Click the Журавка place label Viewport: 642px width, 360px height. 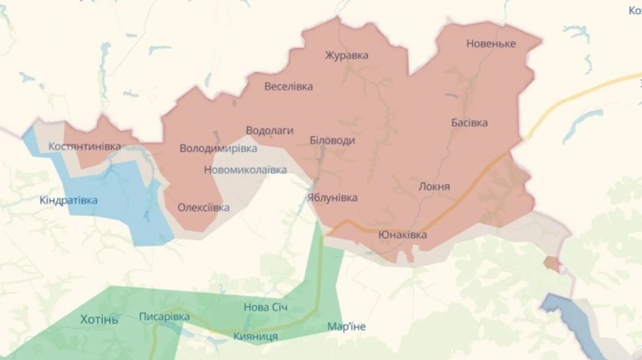[347, 55]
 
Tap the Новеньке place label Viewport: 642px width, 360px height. [491, 43]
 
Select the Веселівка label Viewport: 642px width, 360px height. [288, 86]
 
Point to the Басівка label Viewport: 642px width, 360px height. [469, 123]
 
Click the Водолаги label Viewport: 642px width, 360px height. [270, 130]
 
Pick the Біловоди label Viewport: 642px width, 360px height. [332, 140]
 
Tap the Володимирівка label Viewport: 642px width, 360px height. [218, 149]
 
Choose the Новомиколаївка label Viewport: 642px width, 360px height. [245, 170]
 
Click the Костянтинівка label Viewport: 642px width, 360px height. [84, 146]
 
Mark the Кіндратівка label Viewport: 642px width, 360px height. [68, 200]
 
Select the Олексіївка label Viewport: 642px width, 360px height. [203, 207]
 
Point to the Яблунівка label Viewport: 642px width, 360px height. [332, 197]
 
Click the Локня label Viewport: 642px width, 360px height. [434, 186]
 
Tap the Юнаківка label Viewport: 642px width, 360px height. [403, 235]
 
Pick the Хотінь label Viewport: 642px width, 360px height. [99, 319]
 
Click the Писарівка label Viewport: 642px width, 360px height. [164, 317]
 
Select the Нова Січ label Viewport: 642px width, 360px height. [266, 307]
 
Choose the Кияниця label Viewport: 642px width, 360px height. [255, 336]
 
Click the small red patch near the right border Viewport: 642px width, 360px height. [551, 264]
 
